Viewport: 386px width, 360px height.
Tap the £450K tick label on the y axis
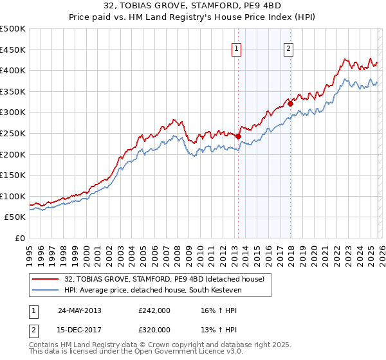tap(13, 50)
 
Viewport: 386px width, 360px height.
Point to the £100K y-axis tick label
tap(13, 196)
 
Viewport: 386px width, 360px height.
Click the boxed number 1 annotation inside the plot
tap(237, 48)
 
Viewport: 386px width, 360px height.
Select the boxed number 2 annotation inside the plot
tap(289, 48)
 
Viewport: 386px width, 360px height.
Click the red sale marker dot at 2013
tap(239, 136)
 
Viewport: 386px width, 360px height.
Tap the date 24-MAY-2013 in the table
tap(80, 310)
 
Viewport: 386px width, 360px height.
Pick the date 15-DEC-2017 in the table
tap(80, 329)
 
